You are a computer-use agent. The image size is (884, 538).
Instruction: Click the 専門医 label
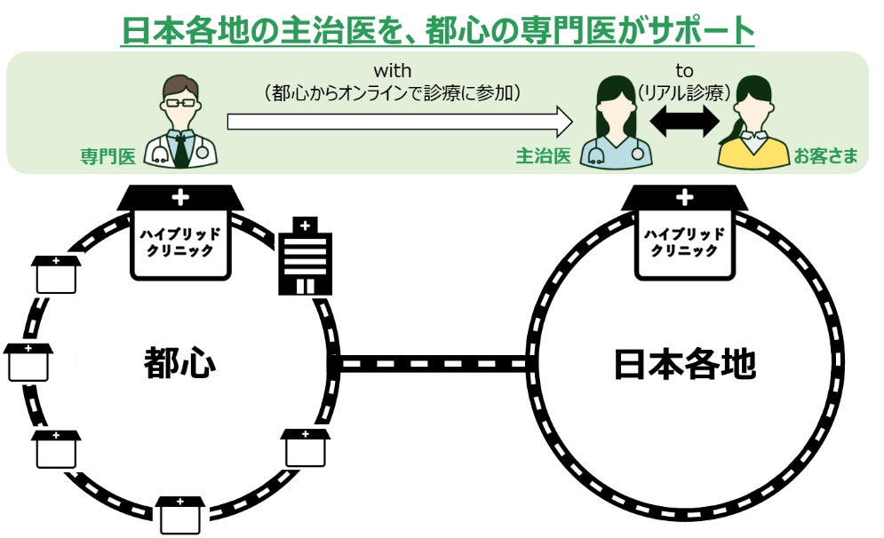(x=107, y=158)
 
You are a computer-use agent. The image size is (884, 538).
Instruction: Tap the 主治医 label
(x=543, y=157)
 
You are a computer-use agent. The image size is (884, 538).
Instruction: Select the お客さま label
(x=826, y=157)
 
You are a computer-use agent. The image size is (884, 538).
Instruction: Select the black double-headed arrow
(x=684, y=121)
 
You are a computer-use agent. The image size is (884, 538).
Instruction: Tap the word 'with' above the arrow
(x=392, y=69)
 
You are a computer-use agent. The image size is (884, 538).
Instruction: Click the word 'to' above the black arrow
(x=684, y=69)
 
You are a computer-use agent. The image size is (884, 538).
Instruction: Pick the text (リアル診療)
(x=684, y=91)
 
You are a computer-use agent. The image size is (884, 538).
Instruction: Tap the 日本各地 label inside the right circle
(x=684, y=363)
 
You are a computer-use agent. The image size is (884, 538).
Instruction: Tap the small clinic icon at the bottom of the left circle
(x=180, y=513)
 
